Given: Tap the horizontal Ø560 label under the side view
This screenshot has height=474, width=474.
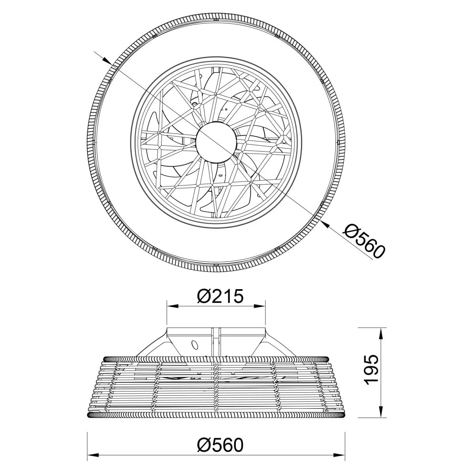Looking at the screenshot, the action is pos(220,431).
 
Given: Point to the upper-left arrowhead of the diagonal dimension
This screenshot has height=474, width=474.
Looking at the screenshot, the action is pos(106,60).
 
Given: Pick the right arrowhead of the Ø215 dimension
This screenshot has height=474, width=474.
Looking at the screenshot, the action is pos(259,306).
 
